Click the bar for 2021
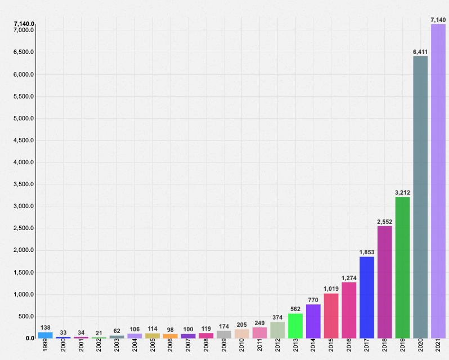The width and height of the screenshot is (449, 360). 438,181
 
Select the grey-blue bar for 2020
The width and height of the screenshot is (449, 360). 420,197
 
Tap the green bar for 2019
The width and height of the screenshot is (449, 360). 402,267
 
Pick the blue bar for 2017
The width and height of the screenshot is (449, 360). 367,297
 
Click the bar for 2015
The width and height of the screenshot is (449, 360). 331,316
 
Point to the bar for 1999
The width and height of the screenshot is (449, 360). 46,335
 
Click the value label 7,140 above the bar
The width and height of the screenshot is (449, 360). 438,20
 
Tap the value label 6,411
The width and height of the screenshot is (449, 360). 420,52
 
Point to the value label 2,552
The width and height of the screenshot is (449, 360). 384,222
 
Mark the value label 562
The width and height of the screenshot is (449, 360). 295,309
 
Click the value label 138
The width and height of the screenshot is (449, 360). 46,327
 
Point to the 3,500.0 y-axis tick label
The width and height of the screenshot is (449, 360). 23,184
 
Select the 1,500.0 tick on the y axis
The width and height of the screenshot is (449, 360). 23,273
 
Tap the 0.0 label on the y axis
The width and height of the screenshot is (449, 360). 29,339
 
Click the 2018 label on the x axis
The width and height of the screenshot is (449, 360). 384,346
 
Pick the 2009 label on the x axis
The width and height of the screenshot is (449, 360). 224,346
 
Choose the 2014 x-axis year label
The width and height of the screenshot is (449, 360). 313,346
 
